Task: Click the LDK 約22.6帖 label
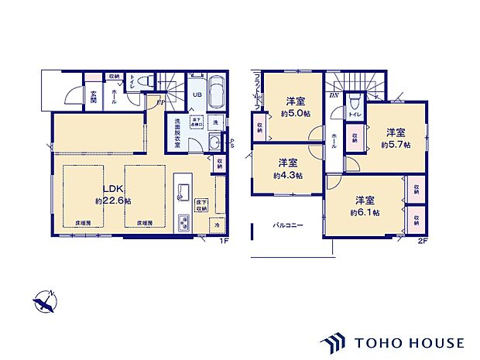coord(113,194)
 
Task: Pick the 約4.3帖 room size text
coord(287,175)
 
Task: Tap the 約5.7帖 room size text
coord(396,145)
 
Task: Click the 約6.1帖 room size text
coord(365,211)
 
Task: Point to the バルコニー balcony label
coord(287,226)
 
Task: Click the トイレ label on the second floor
coord(355,115)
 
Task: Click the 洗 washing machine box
coord(216,123)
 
